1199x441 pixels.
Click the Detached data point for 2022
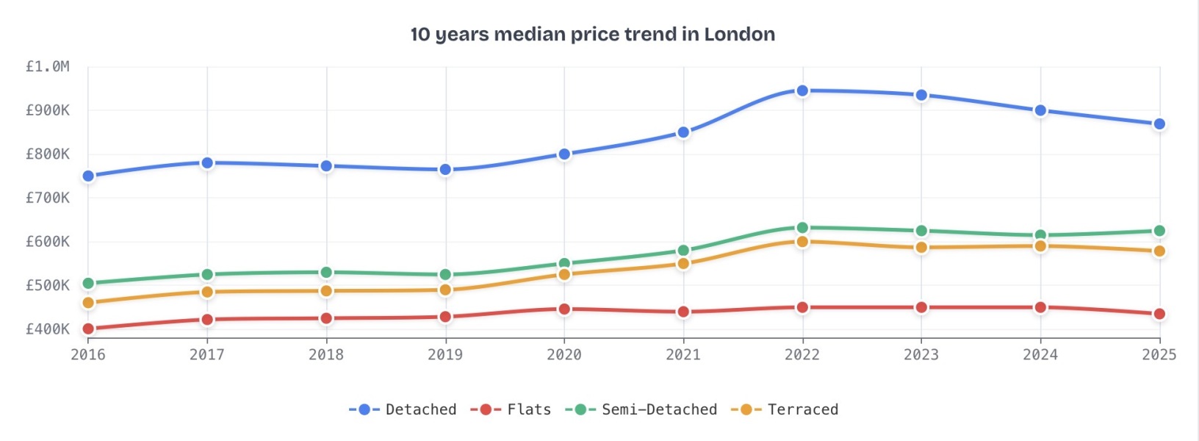tap(802, 90)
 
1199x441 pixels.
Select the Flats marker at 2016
tap(88, 329)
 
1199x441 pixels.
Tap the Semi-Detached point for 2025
tap(1159, 231)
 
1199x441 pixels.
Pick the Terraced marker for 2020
tap(564, 274)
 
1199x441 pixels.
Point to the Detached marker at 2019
tap(445, 170)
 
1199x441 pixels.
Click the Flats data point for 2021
tap(683, 312)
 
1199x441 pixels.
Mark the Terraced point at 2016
tap(88, 303)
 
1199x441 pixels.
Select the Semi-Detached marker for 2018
tap(326, 273)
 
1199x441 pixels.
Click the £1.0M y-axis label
tap(48, 67)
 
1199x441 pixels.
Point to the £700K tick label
tap(48, 198)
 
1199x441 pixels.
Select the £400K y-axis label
tap(48, 329)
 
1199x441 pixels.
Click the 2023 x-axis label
tap(921, 355)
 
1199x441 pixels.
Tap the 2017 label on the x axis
tap(207, 355)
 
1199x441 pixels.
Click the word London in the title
tap(739, 35)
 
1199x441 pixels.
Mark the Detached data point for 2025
tap(1159, 124)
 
